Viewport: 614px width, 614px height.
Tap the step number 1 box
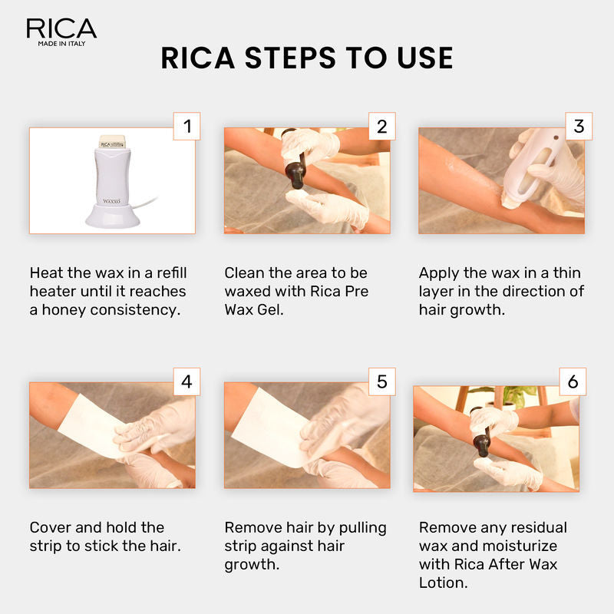tap(186, 126)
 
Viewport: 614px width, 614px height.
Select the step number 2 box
tap(381, 126)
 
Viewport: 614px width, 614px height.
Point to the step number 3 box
tap(579, 126)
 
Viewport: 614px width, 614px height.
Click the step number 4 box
tap(186, 381)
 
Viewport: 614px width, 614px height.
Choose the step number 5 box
tap(381, 381)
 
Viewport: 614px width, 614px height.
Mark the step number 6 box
tap(573, 381)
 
